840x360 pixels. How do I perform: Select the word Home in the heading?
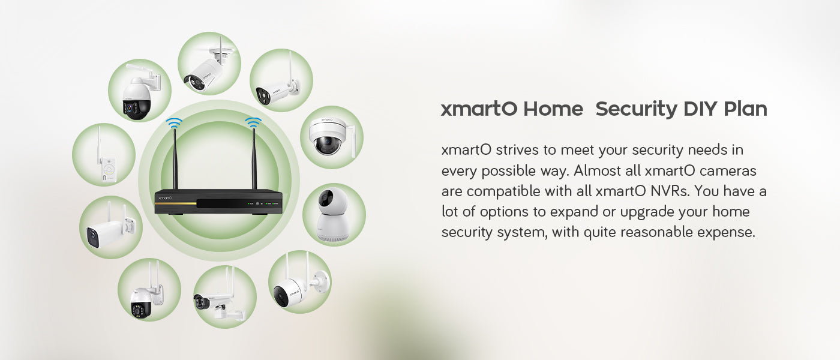coord(553,109)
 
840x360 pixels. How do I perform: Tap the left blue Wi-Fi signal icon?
coord(174,123)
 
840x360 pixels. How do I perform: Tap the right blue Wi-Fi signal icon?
coord(253,122)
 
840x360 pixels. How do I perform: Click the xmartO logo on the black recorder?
coord(165,197)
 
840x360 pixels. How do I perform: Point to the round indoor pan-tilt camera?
coord(332,215)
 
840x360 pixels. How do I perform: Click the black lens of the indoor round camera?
coord(325,197)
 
